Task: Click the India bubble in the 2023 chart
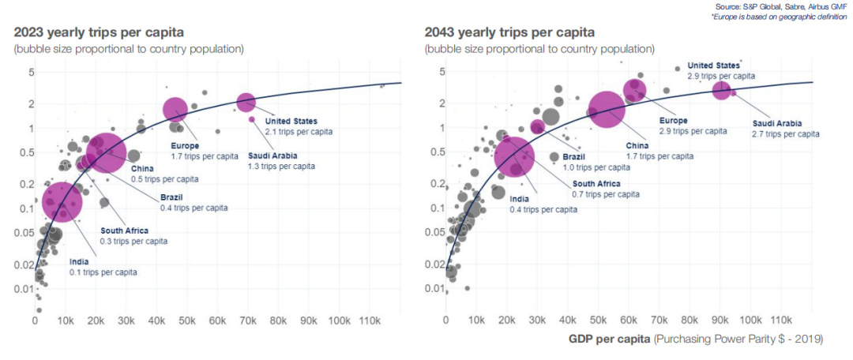coord(62,201)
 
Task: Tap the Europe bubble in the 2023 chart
coord(175,110)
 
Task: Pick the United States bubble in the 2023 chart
coord(246,102)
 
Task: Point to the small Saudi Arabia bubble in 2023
coord(252,119)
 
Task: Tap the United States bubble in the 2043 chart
coord(721,90)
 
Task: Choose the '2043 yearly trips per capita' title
coord(509,32)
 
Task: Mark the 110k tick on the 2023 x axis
coord(370,321)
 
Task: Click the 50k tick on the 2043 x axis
coord(598,321)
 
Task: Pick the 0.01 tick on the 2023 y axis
coord(21,290)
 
